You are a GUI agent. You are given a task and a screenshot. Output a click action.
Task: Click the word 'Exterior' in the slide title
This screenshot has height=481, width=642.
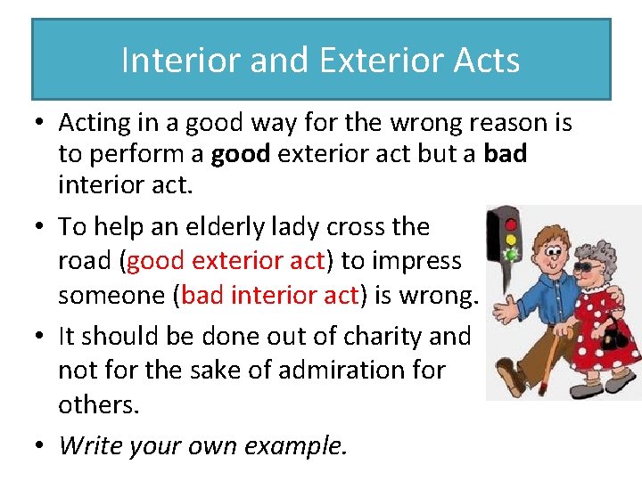pyautogui.click(x=366, y=61)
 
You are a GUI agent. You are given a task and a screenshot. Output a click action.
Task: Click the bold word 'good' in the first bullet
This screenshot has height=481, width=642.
pyautogui.click(x=241, y=154)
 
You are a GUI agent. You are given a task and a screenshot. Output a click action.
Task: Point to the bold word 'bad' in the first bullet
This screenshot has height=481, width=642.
pyautogui.click(x=506, y=154)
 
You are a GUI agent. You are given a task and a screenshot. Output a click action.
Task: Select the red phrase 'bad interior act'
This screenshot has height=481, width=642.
pyautogui.click(x=270, y=296)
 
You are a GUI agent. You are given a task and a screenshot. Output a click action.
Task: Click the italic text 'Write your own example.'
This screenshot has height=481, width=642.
pyautogui.click(x=202, y=445)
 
